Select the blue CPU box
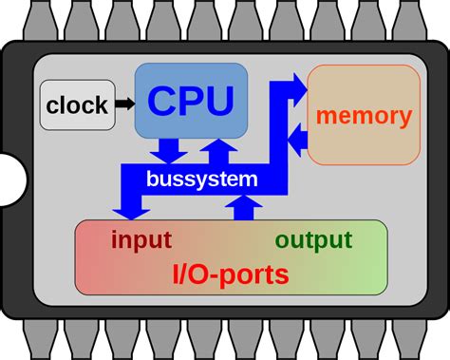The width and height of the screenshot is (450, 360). [189, 100]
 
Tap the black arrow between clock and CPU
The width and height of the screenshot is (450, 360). [123, 103]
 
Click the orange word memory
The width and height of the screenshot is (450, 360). [364, 116]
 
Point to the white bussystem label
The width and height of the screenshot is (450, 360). [201, 178]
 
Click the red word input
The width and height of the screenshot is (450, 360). [141, 239]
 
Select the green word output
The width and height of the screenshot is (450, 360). [313, 239]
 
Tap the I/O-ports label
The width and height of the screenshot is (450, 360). [231, 275]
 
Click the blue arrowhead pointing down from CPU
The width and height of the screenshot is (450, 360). [169, 153]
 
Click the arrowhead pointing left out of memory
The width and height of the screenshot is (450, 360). [296, 142]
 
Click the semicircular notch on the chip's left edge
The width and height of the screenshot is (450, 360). [9, 179]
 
